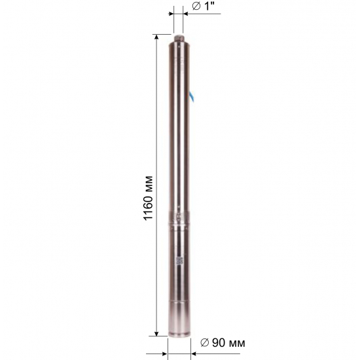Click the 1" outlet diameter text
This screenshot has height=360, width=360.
[207, 6]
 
